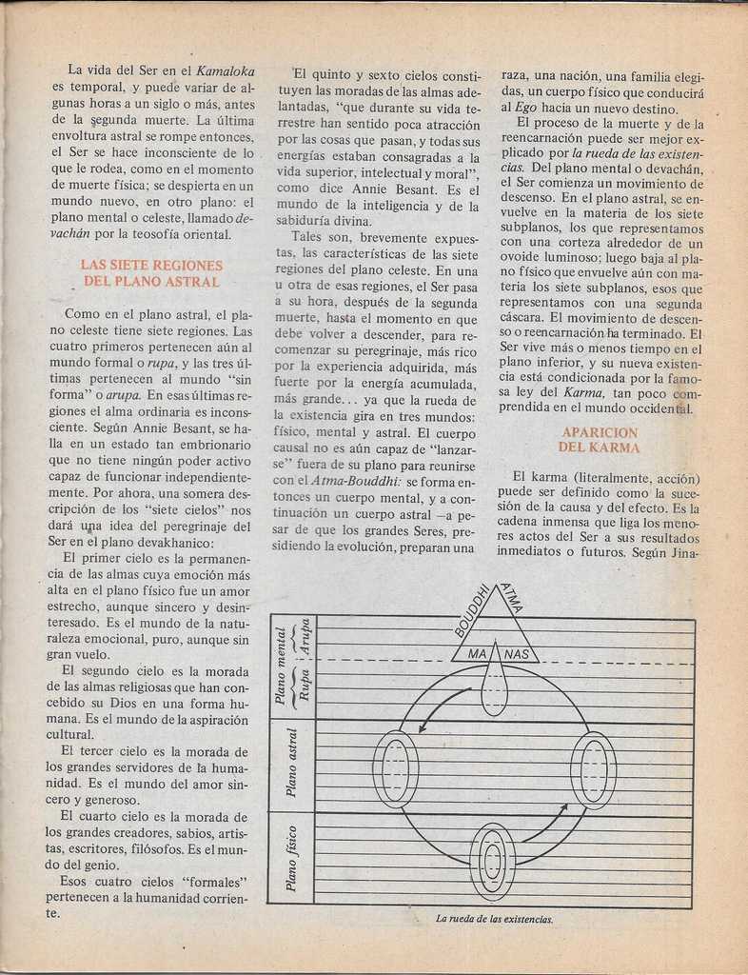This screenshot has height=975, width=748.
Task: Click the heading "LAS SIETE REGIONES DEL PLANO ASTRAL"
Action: tap(151, 273)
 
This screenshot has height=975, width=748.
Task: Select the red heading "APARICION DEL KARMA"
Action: tap(600, 439)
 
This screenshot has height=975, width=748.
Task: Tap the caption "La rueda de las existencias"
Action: tap(494, 919)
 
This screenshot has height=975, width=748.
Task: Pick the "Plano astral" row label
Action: tap(292, 762)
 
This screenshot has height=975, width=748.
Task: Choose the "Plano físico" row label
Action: tap(292, 858)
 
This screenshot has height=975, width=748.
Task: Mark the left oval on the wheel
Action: tap(396, 768)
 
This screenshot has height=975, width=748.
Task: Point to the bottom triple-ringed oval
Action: tap(493, 862)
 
